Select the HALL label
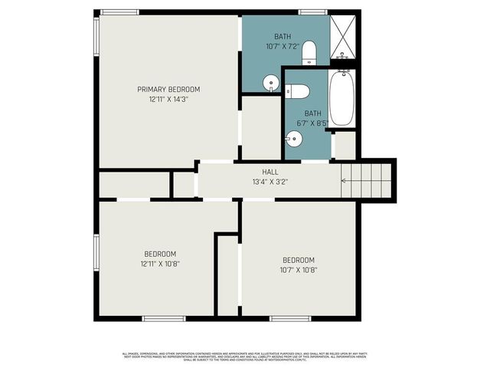coord(270,172)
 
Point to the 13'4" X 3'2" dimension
coord(270,182)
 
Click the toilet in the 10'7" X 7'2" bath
coord(309,53)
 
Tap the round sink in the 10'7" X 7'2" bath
coord(271,82)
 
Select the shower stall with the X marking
coord(343,37)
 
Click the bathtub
coord(342,97)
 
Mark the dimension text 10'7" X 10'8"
coord(299,269)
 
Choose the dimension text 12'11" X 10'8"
coord(160,264)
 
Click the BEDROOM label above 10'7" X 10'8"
coord(299,259)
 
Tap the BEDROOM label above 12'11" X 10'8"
coord(160,254)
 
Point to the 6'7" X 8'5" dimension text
coord(312,123)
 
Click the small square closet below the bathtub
coord(345,146)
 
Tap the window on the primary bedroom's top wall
coord(120,12)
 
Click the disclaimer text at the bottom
coord(245,356)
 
